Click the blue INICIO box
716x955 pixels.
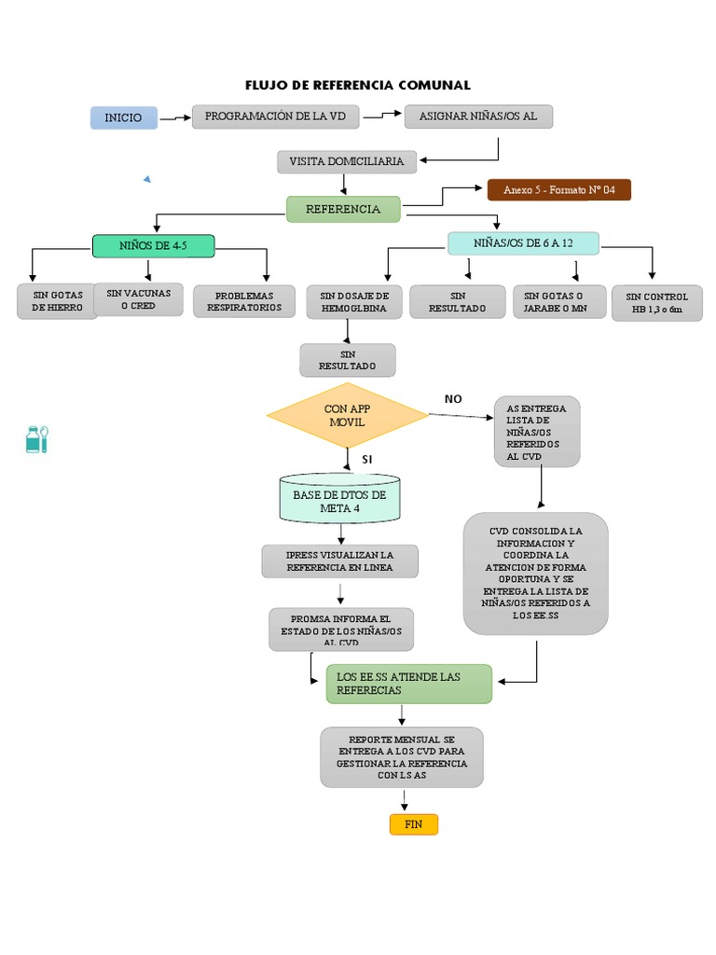124,118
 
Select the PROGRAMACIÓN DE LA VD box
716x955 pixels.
276,117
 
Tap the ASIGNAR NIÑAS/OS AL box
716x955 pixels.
479,117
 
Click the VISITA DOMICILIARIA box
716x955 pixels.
346,161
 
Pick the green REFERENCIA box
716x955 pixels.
343,209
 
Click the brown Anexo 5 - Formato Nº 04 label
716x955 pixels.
558,190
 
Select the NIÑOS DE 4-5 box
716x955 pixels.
154,246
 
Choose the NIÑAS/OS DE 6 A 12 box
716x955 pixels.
523,242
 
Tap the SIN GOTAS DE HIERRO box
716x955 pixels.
58,301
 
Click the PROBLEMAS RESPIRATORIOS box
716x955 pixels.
244,301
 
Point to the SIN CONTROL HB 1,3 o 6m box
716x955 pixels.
657,303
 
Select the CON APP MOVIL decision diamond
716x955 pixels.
347,416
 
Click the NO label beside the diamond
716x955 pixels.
453,399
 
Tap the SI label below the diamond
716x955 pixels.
367,460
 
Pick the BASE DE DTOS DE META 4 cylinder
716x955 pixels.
339,501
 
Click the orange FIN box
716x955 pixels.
413,824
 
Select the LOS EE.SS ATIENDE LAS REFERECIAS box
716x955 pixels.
408,684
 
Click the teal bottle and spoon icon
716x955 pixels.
36,438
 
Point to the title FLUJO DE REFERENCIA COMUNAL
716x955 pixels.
358,85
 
